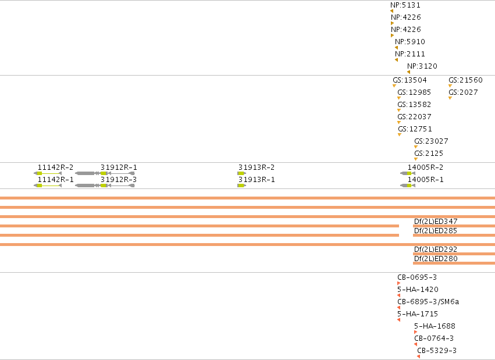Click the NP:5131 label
click(405, 5)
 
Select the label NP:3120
click(422, 66)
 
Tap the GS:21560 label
click(465, 80)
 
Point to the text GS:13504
click(409, 80)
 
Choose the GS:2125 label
click(429, 154)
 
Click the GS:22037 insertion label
click(414, 117)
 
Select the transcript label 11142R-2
click(56, 167)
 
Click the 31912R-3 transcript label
click(119, 180)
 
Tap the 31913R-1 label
click(257, 180)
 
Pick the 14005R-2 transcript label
click(426, 167)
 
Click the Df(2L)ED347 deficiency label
click(436, 222)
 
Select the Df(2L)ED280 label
click(436, 259)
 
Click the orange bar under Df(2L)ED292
click(454, 254)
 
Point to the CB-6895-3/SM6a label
click(428, 302)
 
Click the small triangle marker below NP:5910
click(397, 48)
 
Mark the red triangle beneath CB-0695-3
click(398, 283)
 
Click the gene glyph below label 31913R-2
click(241, 173)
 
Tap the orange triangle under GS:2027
click(450, 98)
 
